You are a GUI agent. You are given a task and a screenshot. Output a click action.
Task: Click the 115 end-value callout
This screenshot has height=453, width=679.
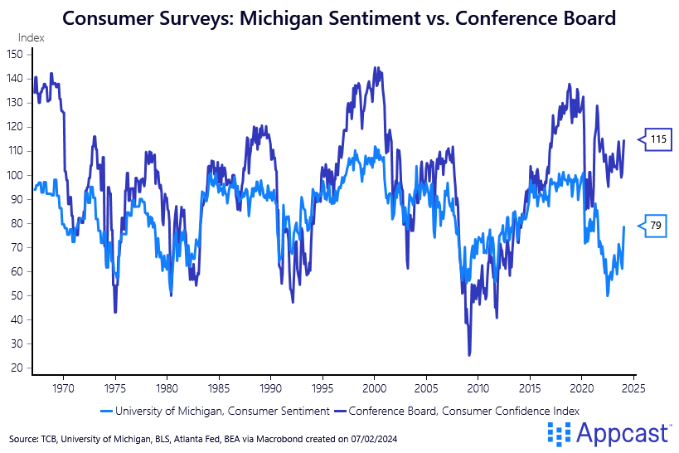pos(658,139)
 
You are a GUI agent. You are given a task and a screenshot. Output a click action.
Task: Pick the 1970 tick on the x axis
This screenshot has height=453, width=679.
pos(63,387)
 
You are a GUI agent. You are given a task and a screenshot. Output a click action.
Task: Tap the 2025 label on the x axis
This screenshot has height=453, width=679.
pos(634,387)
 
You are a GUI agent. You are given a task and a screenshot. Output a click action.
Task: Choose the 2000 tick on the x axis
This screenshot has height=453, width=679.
pos(375,387)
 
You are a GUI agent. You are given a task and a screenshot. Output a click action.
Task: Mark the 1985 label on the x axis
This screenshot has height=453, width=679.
pos(219,387)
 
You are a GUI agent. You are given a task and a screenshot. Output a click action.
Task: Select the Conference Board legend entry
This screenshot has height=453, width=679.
pos(459,411)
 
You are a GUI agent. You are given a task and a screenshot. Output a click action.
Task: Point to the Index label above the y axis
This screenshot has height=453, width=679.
pos(32,37)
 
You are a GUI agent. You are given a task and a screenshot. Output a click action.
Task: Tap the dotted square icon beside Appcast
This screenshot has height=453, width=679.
pos(560,432)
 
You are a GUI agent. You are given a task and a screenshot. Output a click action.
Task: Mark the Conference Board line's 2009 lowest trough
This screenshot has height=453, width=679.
pos(469,355)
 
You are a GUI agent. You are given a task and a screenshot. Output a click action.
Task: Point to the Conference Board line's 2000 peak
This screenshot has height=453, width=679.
pos(376,68)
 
